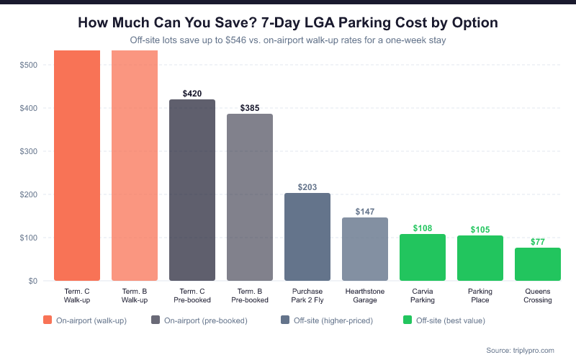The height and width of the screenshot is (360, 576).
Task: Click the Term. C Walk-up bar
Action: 76,166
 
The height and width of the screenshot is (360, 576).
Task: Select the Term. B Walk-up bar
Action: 134,166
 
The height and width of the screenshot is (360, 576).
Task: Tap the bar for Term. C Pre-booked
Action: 192,190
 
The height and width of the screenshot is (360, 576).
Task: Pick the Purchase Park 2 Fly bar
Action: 307,237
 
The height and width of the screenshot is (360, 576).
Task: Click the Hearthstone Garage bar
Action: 364,249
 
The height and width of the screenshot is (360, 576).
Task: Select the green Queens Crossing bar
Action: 537,264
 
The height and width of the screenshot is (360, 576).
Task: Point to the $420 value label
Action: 192,94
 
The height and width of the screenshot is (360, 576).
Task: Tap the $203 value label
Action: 307,187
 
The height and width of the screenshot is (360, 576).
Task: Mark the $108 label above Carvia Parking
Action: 423,228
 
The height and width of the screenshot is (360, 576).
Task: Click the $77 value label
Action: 538,242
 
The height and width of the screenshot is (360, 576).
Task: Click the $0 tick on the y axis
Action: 34,281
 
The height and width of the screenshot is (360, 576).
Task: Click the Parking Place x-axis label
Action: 480,295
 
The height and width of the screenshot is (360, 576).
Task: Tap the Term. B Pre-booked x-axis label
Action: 250,295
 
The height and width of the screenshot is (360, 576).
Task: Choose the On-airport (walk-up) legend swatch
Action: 48,320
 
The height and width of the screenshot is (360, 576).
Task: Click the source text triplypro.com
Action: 520,350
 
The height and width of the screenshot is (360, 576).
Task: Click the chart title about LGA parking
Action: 288,23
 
